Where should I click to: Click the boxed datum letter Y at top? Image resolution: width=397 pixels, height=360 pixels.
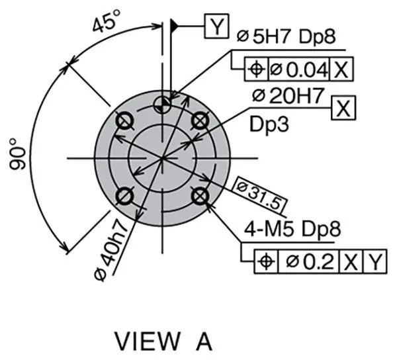coord(216,26)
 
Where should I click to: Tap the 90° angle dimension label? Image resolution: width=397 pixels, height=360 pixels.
coord(18,154)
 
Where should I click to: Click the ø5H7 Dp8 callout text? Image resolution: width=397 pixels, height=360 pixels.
coord(287,36)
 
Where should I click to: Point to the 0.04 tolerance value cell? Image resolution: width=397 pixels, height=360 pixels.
coord(298,69)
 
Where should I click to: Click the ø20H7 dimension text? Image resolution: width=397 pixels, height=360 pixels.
coord(288,96)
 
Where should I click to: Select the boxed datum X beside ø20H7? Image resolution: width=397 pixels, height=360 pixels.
coord(343,108)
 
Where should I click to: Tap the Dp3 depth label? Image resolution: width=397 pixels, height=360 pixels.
coord(269,124)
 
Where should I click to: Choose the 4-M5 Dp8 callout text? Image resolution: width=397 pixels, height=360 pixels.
coord(292,229)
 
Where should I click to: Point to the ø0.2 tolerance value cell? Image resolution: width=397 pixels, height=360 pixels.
coord(308,262)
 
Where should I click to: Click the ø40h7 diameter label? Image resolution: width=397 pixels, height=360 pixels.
coord(110,251)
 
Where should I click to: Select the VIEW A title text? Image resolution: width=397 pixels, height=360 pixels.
coord(163,341)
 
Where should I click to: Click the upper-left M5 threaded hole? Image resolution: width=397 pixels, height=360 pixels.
coord(124,120)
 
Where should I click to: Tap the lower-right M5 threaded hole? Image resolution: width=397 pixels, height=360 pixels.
coord(200,197)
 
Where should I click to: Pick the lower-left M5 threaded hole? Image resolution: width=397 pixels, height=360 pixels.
coord(124,197)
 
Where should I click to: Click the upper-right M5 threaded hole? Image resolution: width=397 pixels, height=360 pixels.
coord(200,120)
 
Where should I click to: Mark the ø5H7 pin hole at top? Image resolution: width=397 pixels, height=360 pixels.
coord(162,105)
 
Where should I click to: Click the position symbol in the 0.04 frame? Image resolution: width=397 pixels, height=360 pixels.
coord(256,69)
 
